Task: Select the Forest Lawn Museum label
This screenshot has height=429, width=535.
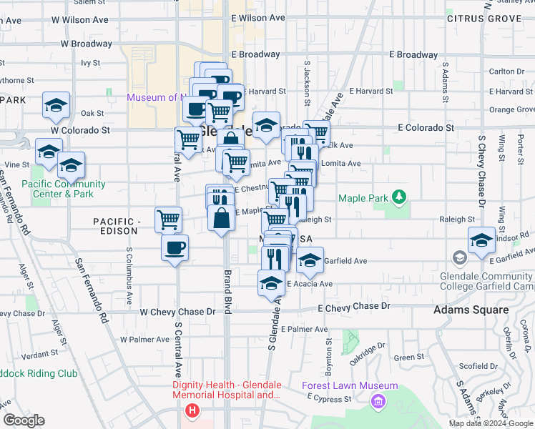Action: click(x=339, y=386)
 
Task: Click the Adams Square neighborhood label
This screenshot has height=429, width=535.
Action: click(x=471, y=310)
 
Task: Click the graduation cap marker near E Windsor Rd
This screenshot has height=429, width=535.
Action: click(x=482, y=240)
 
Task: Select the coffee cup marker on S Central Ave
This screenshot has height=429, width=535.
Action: click(x=175, y=248)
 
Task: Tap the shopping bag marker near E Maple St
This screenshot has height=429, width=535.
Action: click(x=222, y=217)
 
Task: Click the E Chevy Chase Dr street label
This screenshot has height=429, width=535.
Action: click(x=354, y=306)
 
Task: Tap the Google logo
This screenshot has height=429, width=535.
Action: click(x=24, y=420)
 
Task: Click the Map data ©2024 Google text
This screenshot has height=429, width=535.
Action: click(x=491, y=423)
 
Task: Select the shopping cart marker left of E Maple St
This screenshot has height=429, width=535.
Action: click(x=168, y=219)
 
